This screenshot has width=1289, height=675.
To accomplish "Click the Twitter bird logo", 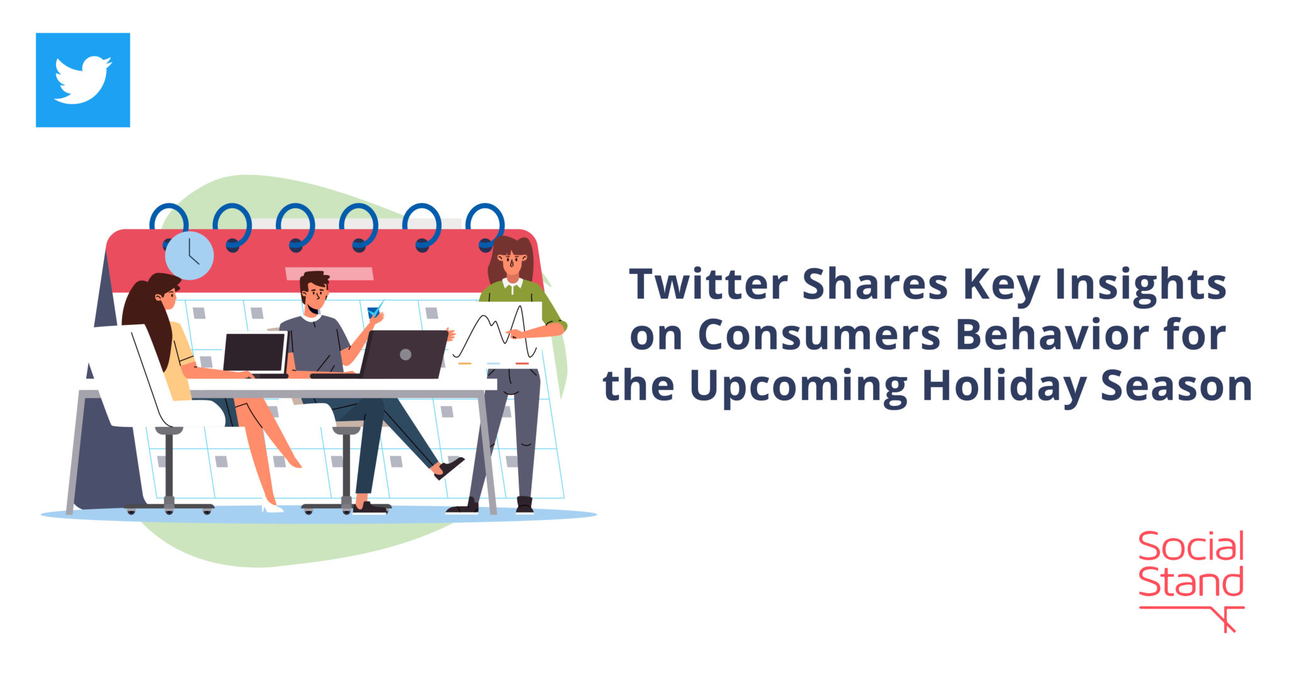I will [x=82, y=80].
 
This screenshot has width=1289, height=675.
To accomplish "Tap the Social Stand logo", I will [x=1191, y=579].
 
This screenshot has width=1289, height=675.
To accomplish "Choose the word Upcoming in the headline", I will [x=799, y=386].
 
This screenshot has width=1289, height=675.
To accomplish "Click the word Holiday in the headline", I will [x=1004, y=386].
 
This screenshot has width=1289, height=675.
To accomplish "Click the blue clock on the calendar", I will [x=189, y=256].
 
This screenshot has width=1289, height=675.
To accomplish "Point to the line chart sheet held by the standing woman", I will [x=497, y=334].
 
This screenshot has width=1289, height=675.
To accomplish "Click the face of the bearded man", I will [x=315, y=295].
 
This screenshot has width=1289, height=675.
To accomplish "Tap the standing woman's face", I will [x=512, y=259].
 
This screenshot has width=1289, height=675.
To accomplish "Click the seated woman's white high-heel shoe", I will [x=272, y=505].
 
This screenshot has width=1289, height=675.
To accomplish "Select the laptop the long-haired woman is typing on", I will [x=255, y=353].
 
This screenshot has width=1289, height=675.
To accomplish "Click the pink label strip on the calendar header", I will [x=329, y=274].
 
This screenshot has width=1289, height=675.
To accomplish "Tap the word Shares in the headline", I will [x=875, y=284].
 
